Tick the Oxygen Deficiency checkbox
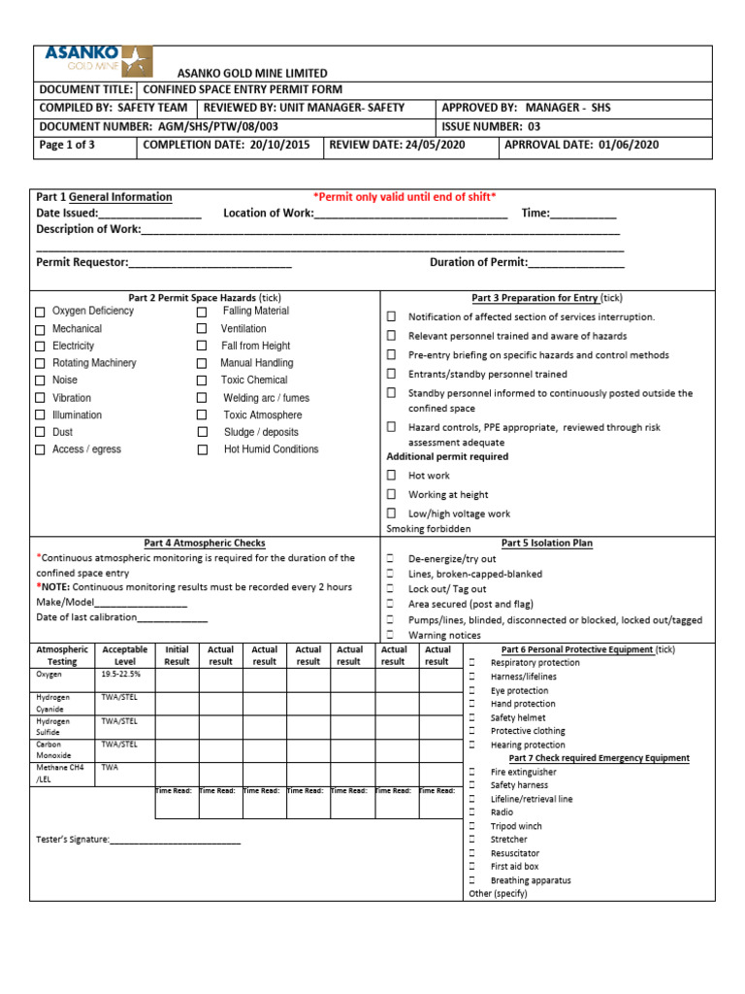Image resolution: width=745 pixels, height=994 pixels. (x=40, y=313)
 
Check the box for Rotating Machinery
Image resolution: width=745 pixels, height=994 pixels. (x=40, y=364)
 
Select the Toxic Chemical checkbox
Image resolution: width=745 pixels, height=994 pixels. (x=202, y=381)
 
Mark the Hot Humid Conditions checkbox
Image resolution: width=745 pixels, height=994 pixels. (x=202, y=450)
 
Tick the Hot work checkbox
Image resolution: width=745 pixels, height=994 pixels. (x=392, y=476)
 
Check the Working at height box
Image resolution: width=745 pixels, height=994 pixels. (x=392, y=494)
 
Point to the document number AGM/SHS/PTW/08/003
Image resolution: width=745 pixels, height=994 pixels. (x=215, y=126)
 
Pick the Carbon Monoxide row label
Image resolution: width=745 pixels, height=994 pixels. (x=54, y=749)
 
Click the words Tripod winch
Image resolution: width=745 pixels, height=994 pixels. (x=516, y=826)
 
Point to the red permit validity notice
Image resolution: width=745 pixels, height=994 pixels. (x=405, y=197)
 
